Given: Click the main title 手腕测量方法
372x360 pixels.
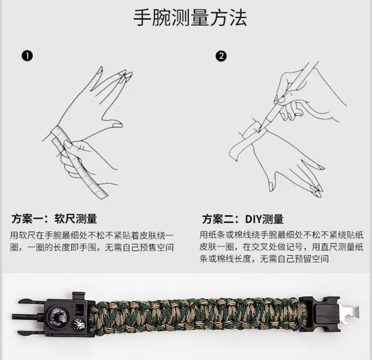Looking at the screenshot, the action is click(x=190, y=17).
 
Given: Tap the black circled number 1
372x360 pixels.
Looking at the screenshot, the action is click(x=27, y=56).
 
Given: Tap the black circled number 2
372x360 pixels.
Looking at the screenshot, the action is click(x=221, y=56).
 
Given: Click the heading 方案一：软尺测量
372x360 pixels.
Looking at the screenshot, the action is click(x=54, y=219).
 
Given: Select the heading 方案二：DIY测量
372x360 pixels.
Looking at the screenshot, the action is click(x=242, y=219).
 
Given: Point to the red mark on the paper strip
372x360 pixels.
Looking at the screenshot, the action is click(x=256, y=130).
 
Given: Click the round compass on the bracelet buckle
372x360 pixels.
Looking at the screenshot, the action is click(x=57, y=318).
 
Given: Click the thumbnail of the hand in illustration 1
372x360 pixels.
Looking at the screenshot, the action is click(x=117, y=124).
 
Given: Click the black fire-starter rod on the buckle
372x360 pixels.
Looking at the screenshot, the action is click(x=28, y=317).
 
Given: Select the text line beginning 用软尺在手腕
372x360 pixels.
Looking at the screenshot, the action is click(x=92, y=236).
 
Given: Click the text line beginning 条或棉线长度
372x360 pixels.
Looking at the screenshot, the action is click(x=264, y=259).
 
